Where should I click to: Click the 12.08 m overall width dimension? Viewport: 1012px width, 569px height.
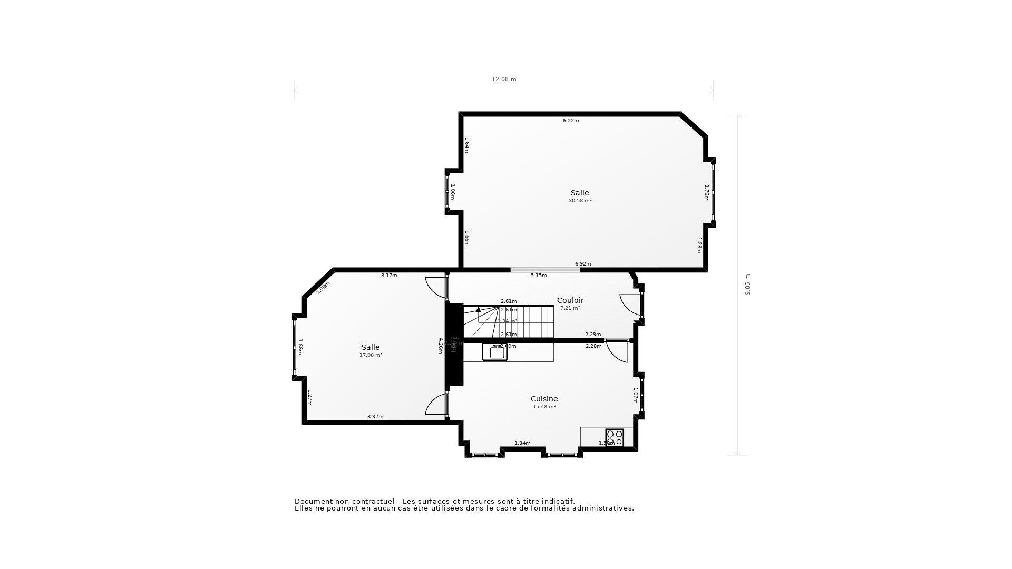(x=504, y=79)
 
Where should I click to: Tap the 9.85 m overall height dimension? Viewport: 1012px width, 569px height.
(x=747, y=284)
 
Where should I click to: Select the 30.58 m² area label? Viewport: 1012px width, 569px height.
(x=580, y=201)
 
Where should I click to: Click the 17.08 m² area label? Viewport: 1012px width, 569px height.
(x=371, y=355)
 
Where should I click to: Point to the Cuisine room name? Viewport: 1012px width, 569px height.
(x=544, y=399)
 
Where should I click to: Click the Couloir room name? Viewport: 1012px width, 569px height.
(x=570, y=300)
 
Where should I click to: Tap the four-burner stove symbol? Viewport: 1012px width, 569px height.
(x=615, y=437)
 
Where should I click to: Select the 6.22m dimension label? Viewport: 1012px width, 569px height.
(x=571, y=121)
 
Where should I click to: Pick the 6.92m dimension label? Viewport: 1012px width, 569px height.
(x=583, y=264)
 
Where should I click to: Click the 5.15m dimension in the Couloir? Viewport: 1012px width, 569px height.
(x=539, y=276)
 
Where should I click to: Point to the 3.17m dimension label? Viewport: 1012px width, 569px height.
(x=389, y=276)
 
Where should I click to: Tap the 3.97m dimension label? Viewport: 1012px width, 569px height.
(x=375, y=417)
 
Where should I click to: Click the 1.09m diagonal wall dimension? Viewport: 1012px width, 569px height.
(x=323, y=287)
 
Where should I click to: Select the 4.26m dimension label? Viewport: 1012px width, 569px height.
(x=441, y=346)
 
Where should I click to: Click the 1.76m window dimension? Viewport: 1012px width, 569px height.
(x=707, y=192)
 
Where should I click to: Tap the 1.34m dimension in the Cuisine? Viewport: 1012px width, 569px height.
(x=522, y=443)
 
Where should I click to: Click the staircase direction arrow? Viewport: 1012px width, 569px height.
(x=478, y=310)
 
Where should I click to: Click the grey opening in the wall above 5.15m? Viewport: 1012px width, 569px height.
(x=545, y=270)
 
